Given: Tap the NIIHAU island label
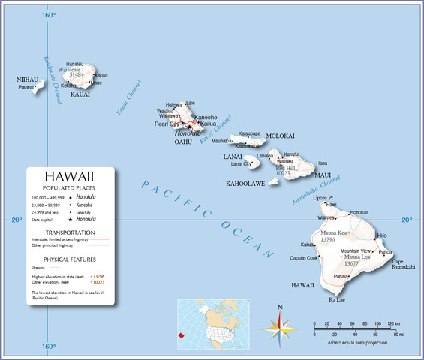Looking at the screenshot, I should [27, 79].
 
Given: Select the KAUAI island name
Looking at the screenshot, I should [80, 94].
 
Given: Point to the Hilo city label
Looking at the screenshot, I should [383, 235].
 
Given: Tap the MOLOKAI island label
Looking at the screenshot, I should [281, 136].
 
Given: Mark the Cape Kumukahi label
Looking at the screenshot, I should [402, 263].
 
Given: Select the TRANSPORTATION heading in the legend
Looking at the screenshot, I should [70, 232].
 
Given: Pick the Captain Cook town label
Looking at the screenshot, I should [304, 258].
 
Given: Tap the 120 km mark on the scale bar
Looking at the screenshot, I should [392, 324].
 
